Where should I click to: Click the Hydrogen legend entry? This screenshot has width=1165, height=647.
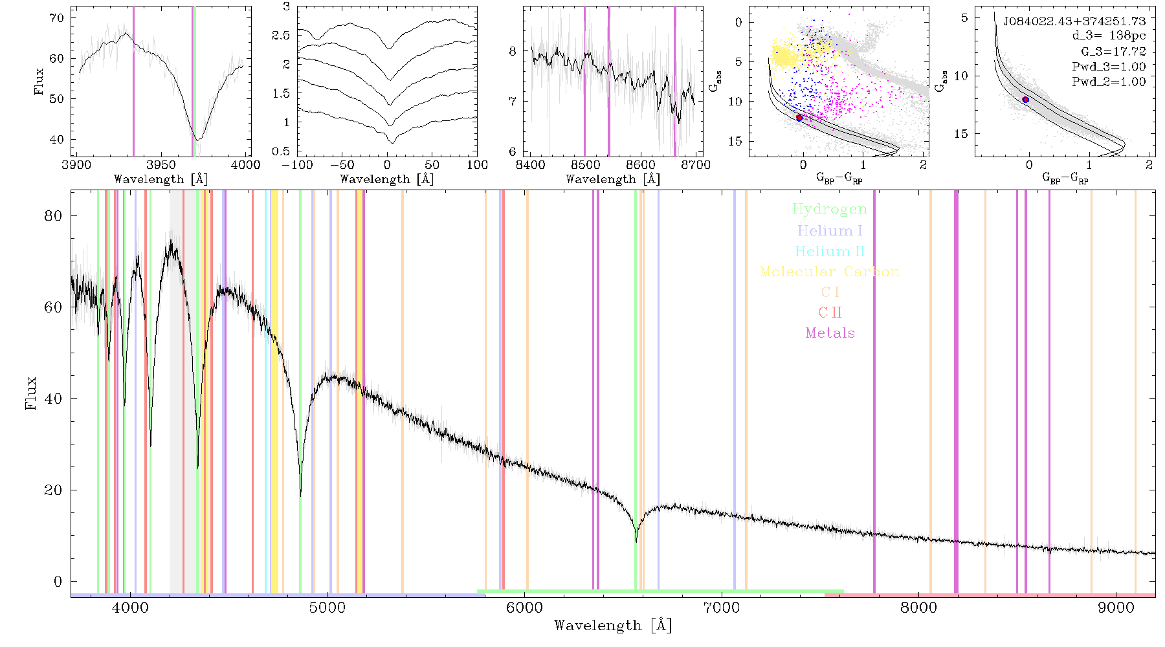coord(829,209)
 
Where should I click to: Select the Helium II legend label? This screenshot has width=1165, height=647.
coord(829,251)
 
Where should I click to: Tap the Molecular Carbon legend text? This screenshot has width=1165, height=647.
coord(830,272)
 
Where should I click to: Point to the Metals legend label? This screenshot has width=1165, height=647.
coord(830,333)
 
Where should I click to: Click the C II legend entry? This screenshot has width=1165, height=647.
coord(830,313)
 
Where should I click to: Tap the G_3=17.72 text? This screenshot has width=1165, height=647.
coord(1113,51)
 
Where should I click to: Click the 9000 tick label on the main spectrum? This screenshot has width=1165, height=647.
coord(1116,608)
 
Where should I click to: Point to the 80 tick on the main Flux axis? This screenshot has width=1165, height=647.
coord(53,215)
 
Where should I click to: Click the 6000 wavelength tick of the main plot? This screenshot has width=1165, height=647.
coord(524,608)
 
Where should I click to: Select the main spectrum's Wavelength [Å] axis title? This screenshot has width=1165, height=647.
coord(612,626)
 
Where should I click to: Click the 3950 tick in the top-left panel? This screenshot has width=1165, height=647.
coord(161,164)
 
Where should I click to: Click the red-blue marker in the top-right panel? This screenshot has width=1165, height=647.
coord(1025,100)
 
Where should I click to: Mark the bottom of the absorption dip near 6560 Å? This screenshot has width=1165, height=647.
coord(636,541)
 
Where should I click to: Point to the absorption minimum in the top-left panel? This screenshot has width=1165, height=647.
coord(197,140)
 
